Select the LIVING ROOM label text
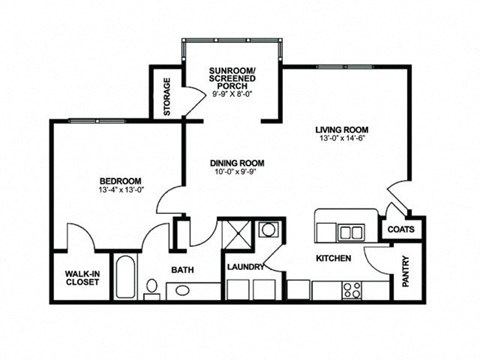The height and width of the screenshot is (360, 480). coord(342,129)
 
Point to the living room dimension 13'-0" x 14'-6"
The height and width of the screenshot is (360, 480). coord(342,139)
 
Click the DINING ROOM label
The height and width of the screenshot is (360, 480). coord(236,162)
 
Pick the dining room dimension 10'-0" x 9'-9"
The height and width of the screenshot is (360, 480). coord(236,173)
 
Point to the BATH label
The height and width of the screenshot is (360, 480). coord(181,269)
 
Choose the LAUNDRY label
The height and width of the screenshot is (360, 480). coord(245,267)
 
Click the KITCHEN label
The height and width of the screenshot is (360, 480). coord(333,258)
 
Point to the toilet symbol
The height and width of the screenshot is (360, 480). coord(151,289)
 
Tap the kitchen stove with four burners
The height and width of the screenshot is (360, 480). coord(351,290)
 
